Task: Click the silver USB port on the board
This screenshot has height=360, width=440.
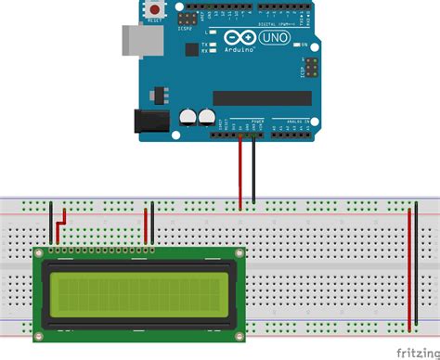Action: tap(136, 40)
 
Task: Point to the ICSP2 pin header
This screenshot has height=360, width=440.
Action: tap(191, 18)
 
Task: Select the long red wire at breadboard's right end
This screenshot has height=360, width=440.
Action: tap(409, 269)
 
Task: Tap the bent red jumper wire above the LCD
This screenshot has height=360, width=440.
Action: tap(60, 223)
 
